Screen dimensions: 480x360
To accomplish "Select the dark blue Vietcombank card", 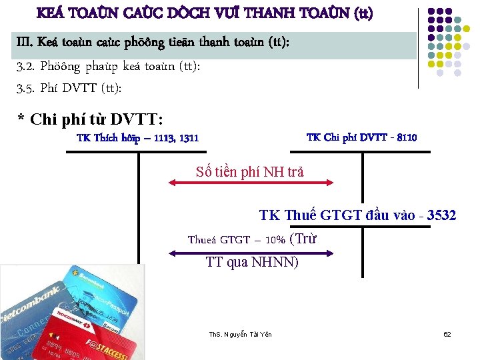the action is point(33,313).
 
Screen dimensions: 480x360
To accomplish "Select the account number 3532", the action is point(441,215).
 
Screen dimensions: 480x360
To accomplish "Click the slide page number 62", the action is point(447,333).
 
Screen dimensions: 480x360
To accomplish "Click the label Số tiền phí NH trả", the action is point(250,172).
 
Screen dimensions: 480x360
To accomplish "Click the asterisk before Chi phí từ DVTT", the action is point(21,121).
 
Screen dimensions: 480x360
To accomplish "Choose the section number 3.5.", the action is point(25,88).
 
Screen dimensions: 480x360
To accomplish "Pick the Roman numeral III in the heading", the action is point(24,44).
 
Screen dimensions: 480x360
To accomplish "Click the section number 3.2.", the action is point(25,67).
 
